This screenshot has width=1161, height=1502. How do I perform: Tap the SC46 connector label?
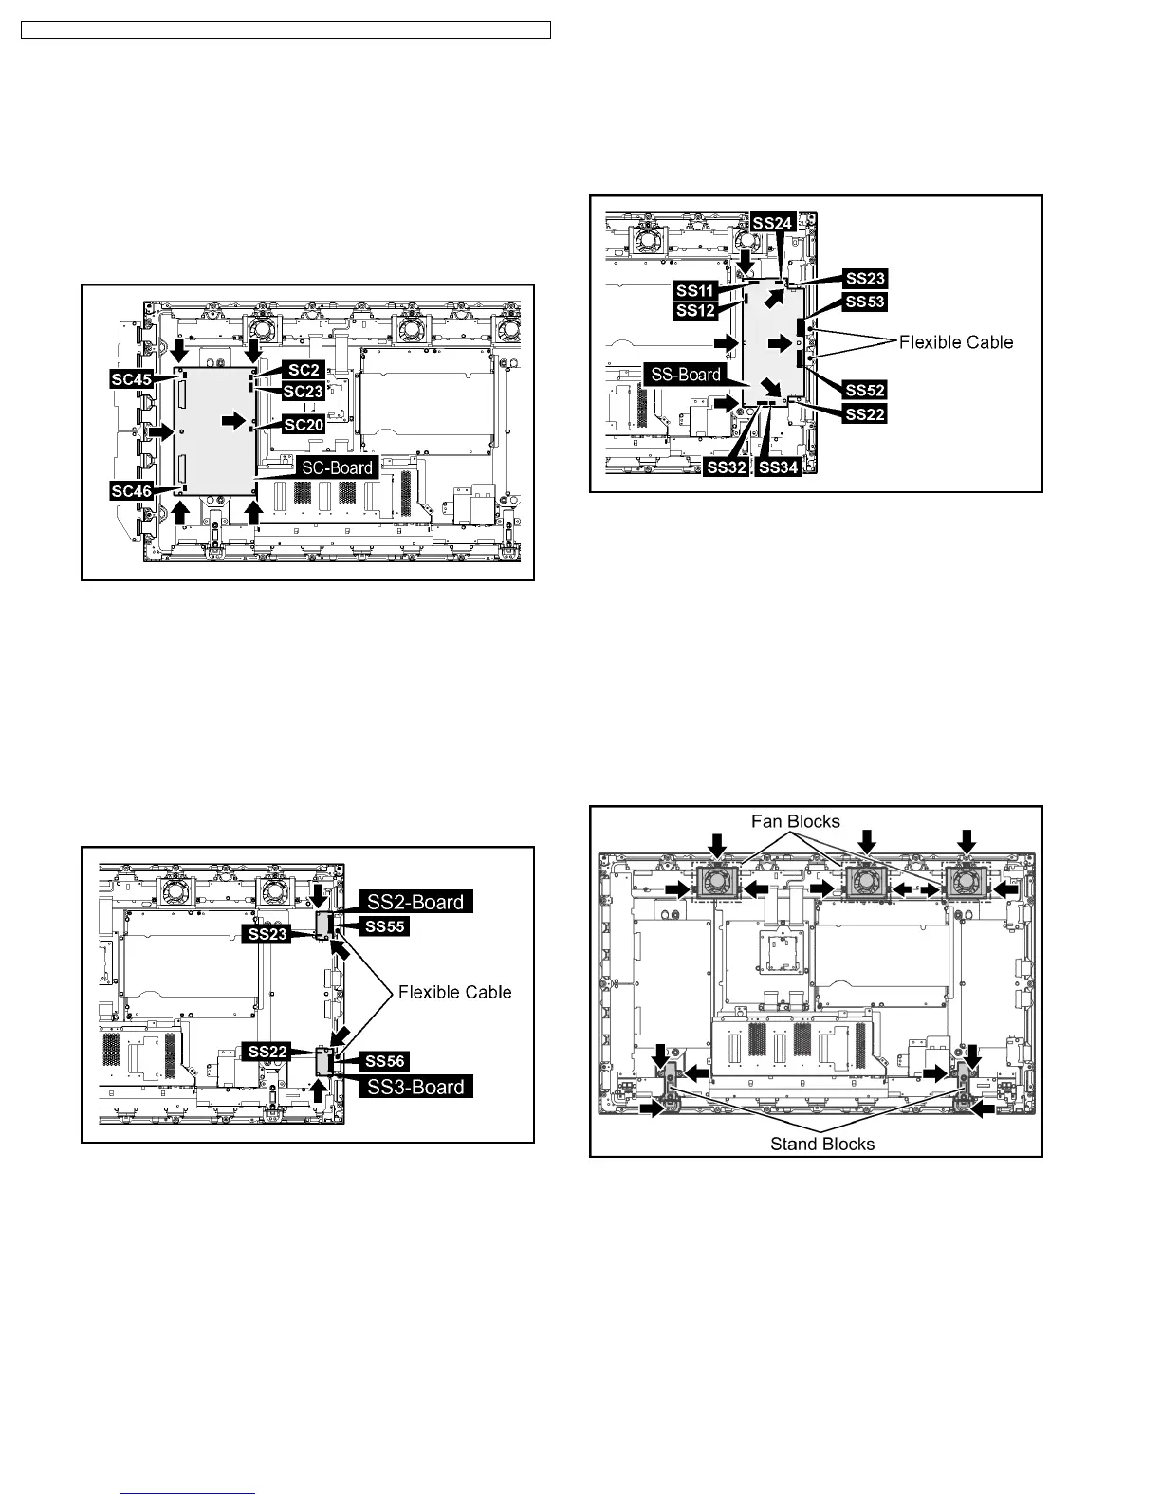click(x=131, y=491)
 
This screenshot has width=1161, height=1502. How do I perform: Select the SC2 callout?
click(x=304, y=370)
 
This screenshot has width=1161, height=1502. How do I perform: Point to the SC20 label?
click(x=304, y=425)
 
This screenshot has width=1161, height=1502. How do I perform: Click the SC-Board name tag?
click(x=337, y=467)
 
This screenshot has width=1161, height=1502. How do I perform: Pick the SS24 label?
click(x=772, y=222)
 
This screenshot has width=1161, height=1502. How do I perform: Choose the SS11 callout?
click(x=696, y=290)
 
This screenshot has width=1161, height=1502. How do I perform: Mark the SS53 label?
click(x=864, y=302)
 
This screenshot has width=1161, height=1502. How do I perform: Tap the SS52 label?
click(x=864, y=391)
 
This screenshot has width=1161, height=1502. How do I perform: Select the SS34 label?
click(x=779, y=467)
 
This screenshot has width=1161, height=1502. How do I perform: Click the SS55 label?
click(x=385, y=925)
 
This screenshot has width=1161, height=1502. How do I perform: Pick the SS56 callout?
click(x=385, y=1061)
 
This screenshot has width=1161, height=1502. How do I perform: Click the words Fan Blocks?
click(x=796, y=821)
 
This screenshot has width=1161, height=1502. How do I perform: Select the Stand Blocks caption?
click(x=822, y=1144)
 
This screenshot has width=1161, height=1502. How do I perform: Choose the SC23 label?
click(x=304, y=391)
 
